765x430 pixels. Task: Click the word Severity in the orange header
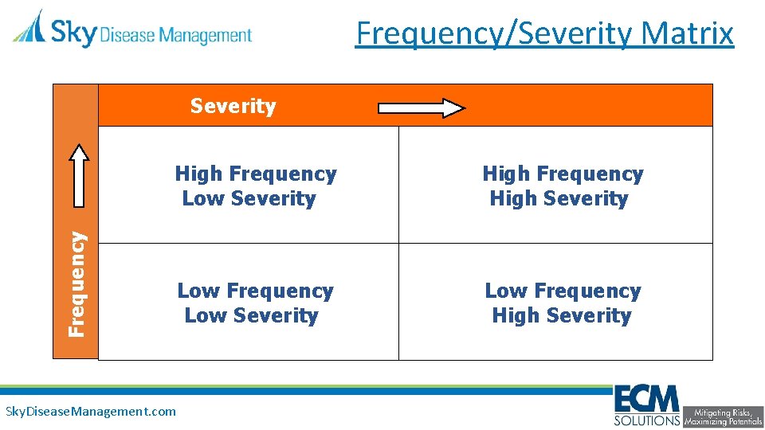233,106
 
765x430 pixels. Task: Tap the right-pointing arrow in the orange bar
421,108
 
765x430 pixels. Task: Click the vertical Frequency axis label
76,283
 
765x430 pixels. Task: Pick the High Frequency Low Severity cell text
255,186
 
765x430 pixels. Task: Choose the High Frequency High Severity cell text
563,186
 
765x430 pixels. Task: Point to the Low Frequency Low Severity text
255,303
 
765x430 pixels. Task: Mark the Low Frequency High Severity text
563,303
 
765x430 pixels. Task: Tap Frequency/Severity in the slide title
494,33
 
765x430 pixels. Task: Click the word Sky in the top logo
73,33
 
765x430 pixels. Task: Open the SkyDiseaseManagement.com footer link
91,412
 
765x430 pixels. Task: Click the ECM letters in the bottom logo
646,399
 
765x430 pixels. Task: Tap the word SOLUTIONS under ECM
647,420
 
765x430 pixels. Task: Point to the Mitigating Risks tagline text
723,412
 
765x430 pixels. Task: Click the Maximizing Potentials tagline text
723,421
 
